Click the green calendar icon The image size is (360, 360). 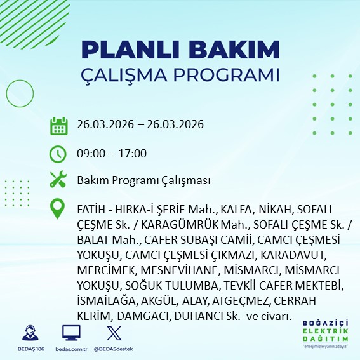pyautogui.click(x=58, y=125)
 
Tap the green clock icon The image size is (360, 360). pyautogui.click(x=58, y=153)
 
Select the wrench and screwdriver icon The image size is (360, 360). pyautogui.click(x=58, y=180)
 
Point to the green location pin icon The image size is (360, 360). pyautogui.click(x=58, y=209)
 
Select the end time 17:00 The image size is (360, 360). pyautogui.click(x=133, y=153)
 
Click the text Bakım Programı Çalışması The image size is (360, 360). pyautogui.click(x=143, y=181)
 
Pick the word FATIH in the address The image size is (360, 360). pyautogui.click(x=90, y=210)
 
